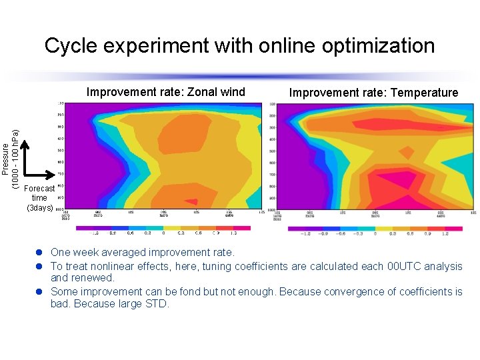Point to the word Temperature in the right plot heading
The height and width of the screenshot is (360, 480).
(424, 93)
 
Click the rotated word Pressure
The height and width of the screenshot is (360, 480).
(6, 157)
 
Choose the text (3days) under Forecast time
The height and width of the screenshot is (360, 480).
(40, 207)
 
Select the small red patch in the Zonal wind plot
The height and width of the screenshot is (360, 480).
(191, 201)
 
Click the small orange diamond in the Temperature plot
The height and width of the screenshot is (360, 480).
(404, 153)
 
